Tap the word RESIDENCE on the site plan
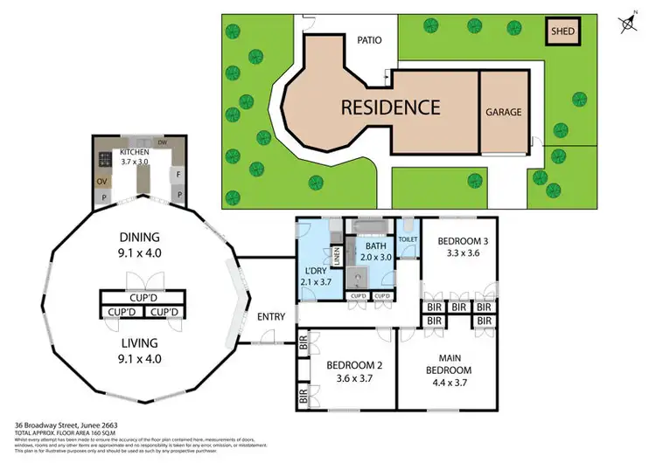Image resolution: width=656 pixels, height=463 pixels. (389, 107)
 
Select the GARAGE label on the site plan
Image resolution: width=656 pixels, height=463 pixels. (504, 112)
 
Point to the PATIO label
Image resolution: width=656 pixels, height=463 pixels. (371, 40)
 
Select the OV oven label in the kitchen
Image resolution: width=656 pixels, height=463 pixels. (102, 183)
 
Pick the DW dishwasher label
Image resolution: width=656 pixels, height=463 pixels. (163, 142)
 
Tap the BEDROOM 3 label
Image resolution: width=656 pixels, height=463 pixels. (463, 240)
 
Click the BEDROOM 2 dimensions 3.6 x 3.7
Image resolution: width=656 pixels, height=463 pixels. (349, 378)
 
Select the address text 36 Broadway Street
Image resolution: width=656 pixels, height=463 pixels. (51, 425)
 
